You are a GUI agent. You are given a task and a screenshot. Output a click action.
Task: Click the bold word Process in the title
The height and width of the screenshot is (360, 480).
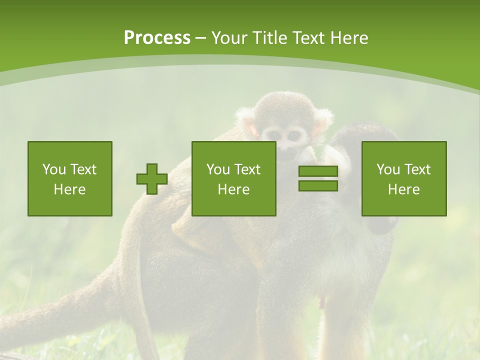coord(157,38)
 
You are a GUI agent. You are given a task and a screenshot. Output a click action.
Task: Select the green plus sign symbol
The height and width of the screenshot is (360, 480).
coord(152,178)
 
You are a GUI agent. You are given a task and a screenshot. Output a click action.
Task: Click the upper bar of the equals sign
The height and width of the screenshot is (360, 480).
coord(318,171)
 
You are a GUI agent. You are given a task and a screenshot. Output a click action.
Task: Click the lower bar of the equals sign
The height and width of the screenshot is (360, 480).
coord(318,185)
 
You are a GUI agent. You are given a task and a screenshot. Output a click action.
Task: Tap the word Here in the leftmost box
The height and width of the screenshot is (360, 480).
coord(69,189)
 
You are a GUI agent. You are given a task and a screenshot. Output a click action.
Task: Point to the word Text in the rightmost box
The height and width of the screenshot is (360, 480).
coord(417,169)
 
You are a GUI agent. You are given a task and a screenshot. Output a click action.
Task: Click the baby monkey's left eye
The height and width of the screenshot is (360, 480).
coord(272,134)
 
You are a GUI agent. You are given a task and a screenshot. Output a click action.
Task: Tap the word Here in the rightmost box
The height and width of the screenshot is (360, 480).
coord(403,189)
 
